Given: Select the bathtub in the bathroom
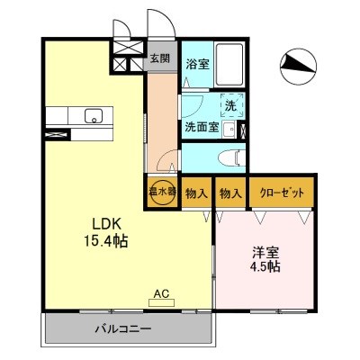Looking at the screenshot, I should tap(229, 65).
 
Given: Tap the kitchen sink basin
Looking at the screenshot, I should tap(91, 115).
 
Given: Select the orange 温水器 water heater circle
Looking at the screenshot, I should tap(161, 193).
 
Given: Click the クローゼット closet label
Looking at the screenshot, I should tap(281, 193).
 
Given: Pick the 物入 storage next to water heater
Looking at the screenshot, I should tap(196, 193).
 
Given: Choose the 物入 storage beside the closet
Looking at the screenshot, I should tap(230, 193).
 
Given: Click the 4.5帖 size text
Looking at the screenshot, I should tap(265, 267).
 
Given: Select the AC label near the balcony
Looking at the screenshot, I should tap(161, 294).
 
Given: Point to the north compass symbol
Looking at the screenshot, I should tap(297, 61).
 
